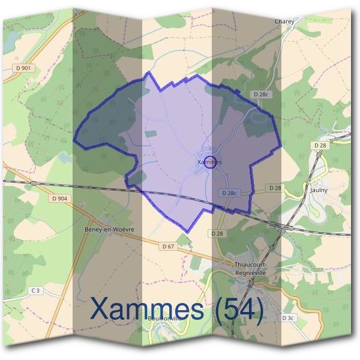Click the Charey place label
point(284,22)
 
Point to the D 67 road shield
point(169,246)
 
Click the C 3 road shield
point(36,291)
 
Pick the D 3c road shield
point(289,317)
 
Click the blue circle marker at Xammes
point(209,161)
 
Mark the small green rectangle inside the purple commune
point(150,133)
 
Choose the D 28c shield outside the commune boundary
point(261,94)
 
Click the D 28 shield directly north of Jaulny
point(319,145)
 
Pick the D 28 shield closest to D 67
point(217,233)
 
